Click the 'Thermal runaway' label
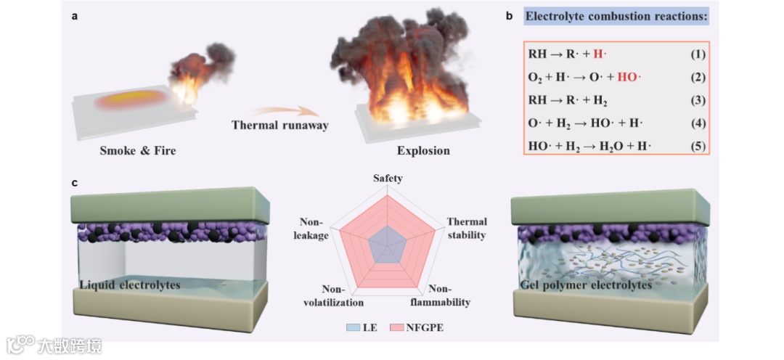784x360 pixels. [279, 125]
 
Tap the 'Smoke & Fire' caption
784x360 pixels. [138, 151]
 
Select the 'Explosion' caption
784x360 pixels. [423, 151]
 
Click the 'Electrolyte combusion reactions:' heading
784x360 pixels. [616, 16]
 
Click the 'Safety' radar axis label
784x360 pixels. [388, 178]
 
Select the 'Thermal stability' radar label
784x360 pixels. [467, 228]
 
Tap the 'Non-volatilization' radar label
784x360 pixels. [332, 295]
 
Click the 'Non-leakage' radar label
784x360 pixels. [314, 228]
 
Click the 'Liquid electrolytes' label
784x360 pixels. [129, 286]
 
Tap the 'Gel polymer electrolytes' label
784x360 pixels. [586, 285]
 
